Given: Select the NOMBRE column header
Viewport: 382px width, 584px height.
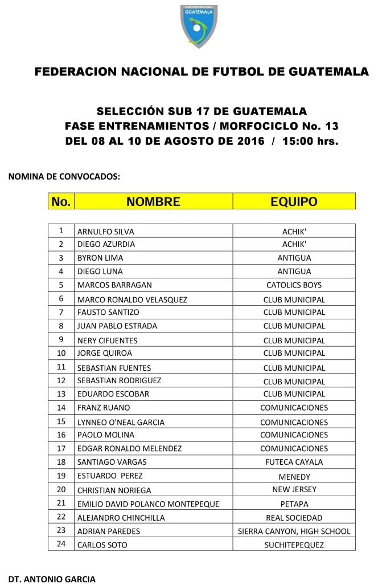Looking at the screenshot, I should coord(153,201).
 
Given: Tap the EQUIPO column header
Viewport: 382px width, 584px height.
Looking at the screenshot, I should coord(294,201).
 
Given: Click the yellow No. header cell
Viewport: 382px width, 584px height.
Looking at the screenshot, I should coord(61,201).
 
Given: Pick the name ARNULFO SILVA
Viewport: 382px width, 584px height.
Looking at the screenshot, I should coord(106,232).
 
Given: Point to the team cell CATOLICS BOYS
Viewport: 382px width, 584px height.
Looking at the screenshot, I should coord(294,285).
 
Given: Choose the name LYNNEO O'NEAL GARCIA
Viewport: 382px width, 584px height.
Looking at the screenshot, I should coord(121,423).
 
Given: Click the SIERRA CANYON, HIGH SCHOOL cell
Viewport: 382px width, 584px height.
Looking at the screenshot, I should coord(294,532).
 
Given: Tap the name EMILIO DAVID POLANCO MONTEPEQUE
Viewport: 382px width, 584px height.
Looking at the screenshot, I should coord(147,504).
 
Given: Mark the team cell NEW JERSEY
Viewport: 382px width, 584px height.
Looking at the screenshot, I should coord(294,489).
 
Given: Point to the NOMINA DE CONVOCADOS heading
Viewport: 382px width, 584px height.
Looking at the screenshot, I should coord(64,177).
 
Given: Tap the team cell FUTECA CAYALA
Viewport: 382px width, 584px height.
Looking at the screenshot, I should coord(294,462).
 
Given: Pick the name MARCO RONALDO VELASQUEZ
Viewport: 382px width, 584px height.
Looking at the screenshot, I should coord(132,299).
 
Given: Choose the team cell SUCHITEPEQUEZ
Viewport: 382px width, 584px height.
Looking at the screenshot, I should coord(294,545).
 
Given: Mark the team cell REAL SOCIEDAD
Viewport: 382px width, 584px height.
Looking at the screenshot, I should coord(294,518).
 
